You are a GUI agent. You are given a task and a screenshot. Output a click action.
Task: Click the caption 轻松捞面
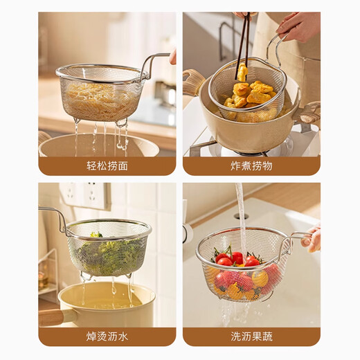click(107, 165)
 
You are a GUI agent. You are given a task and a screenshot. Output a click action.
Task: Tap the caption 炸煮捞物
click(251, 165)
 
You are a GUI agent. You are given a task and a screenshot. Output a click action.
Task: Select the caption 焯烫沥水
click(107, 336)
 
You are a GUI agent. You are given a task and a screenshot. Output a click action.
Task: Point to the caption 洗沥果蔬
click(251, 336)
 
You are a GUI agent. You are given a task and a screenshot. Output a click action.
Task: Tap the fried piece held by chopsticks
click(242, 73)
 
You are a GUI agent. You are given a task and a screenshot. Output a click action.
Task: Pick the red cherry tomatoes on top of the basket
click(237, 259)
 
